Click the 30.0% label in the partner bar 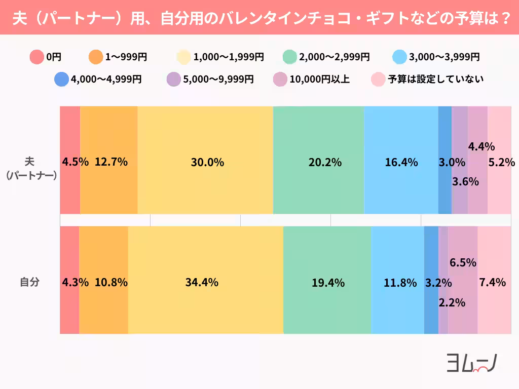coord(207,163)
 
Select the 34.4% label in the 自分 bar coord(202,283)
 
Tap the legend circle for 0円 coord(36,57)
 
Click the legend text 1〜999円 coord(126,57)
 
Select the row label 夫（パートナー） coord(30,168)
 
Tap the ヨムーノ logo coord(471,363)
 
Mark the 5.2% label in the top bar coord(501,163)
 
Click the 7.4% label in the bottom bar coord(492,283)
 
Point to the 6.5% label coord(463,262)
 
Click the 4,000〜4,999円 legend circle coord(61,79)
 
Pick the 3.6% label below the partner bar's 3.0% coord(465,181)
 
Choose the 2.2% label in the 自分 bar coord(452,303)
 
